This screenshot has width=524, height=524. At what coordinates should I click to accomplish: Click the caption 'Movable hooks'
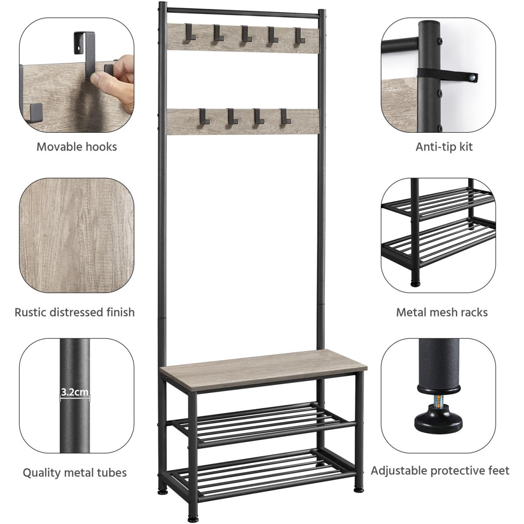[77, 147]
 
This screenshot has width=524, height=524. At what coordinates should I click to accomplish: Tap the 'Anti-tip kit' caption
[444, 147]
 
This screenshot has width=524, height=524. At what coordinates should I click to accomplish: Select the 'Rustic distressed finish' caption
[75, 313]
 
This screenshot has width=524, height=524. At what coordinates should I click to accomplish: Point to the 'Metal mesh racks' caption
[442, 313]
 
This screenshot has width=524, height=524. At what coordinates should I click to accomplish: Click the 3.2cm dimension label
[75, 392]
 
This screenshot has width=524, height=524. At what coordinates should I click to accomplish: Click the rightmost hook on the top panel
[300, 35]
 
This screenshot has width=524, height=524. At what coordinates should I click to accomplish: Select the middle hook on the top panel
[246, 34]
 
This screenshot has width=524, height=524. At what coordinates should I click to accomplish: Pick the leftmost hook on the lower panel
[203, 117]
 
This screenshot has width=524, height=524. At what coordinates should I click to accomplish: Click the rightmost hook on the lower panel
[285, 117]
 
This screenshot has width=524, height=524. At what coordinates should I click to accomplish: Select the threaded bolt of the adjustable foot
[438, 406]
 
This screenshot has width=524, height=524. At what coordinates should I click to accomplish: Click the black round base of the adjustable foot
[438, 424]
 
